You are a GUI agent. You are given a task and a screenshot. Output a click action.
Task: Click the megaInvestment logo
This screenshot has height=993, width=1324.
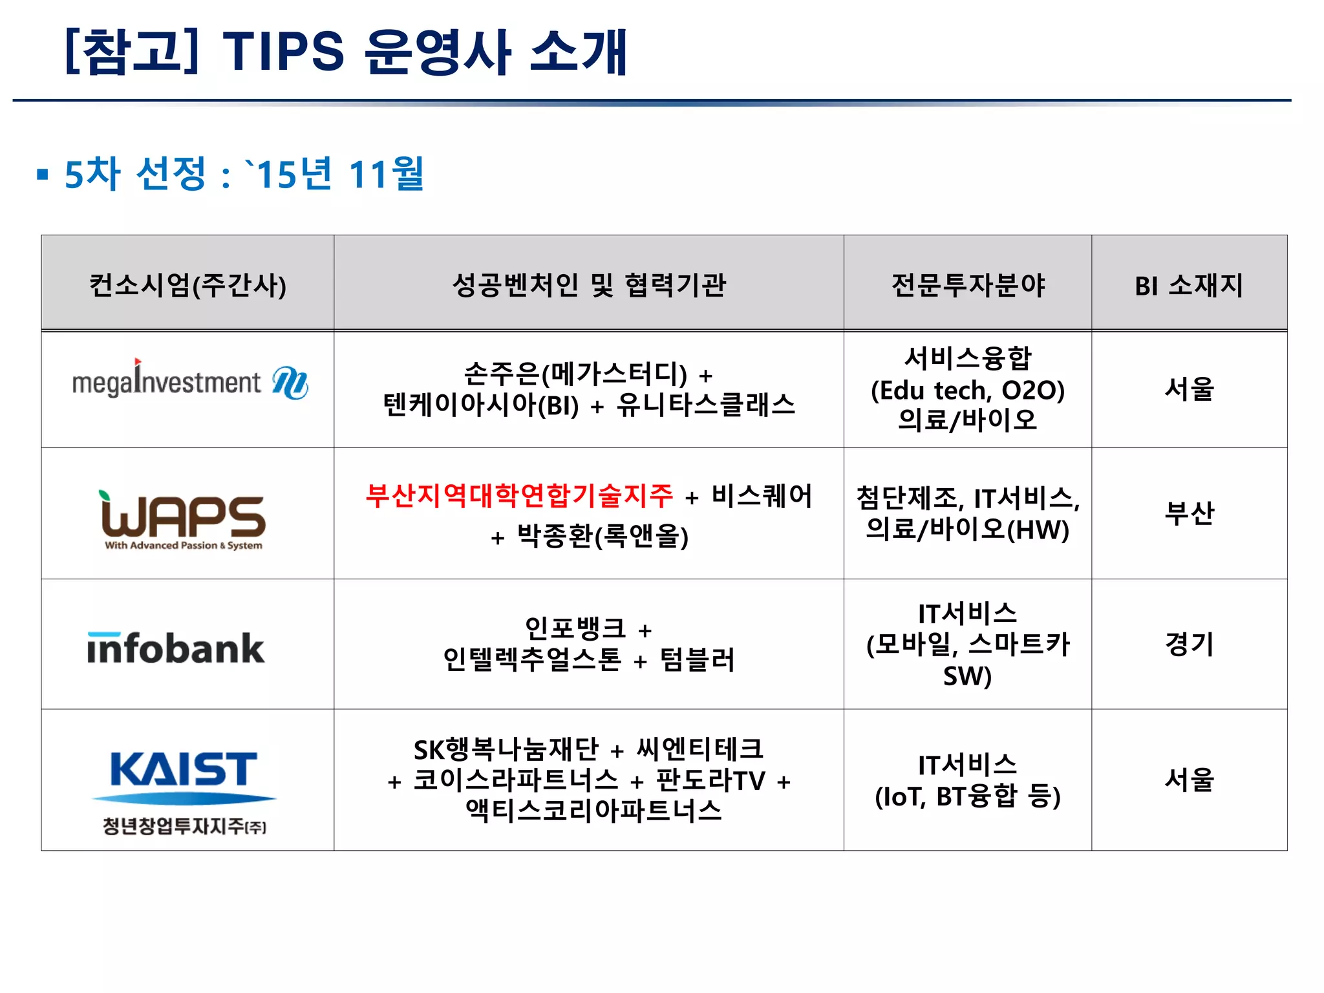(189, 382)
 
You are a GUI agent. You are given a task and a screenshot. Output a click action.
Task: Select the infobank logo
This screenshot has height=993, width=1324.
(176, 648)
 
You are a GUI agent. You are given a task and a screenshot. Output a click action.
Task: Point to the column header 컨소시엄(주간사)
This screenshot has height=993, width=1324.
(187, 284)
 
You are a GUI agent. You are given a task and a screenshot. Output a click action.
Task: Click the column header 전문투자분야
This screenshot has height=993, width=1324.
(968, 284)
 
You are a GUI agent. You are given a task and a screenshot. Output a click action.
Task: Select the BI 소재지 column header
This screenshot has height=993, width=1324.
(1189, 284)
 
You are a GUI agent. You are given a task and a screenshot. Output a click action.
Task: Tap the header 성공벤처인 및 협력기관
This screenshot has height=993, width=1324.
(588, 284)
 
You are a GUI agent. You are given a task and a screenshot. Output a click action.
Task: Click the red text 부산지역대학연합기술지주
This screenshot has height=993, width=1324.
(519, 496)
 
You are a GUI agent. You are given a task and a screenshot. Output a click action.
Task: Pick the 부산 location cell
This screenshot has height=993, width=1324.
(1189, 513)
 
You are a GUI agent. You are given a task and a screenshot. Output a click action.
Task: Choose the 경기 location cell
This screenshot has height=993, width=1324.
(1189, 644)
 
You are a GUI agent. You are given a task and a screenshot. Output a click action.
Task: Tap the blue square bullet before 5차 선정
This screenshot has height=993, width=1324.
(43, 174)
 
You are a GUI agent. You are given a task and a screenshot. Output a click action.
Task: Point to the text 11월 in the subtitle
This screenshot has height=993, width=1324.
(386, 174)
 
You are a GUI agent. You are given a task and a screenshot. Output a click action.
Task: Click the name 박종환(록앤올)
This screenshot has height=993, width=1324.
(603, 536)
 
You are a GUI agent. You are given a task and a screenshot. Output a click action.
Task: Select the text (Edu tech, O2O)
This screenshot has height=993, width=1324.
(968, 390)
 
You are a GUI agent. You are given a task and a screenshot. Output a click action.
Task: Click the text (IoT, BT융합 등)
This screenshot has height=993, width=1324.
(968, 796)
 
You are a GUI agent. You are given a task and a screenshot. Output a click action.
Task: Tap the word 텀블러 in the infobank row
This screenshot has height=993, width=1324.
(698, 660)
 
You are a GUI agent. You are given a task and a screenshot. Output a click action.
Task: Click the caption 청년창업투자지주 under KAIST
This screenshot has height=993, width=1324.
(184, 826)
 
